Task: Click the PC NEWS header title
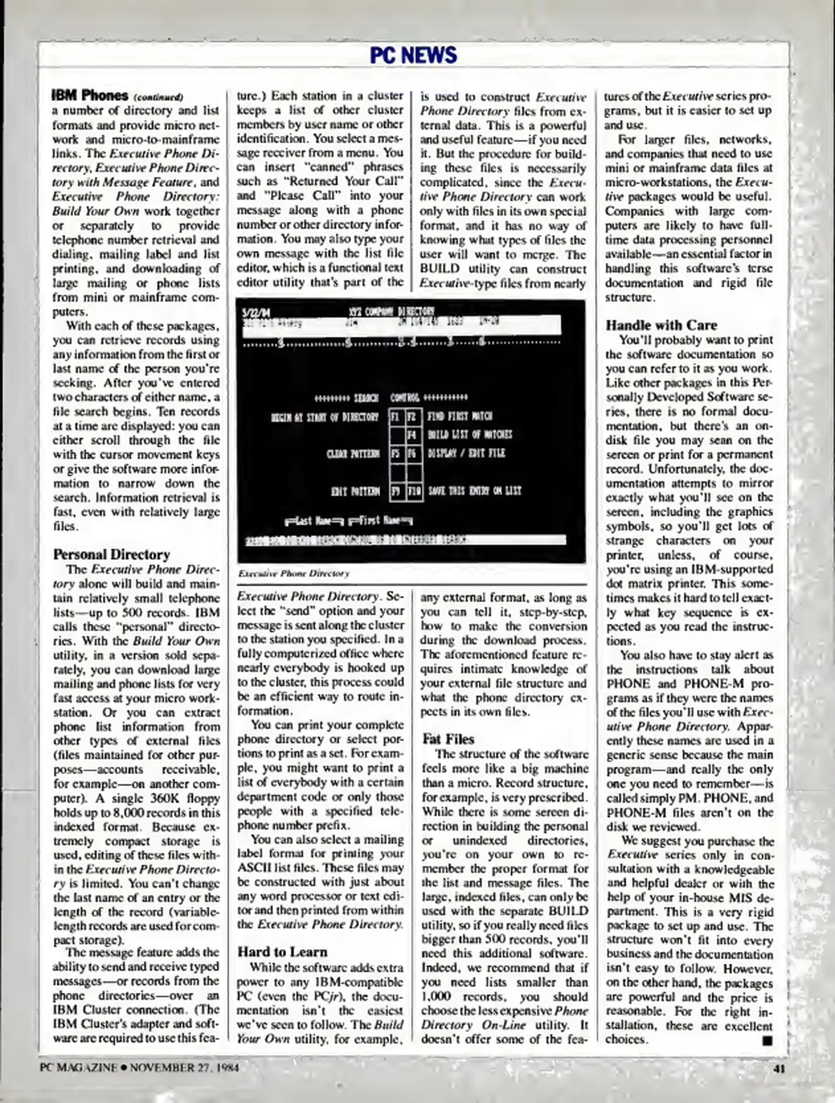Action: click(413, 55)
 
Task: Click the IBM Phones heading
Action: click(90, 95)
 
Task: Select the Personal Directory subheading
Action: click(111, 554)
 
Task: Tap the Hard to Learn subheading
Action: click(282, 951)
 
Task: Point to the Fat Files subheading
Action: click(448, 738)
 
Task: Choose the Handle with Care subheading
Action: click(661, 325)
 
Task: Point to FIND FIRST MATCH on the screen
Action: click(459, 416)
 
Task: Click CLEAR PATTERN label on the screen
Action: click(353, 453)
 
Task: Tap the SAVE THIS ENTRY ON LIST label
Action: click(474, 491)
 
